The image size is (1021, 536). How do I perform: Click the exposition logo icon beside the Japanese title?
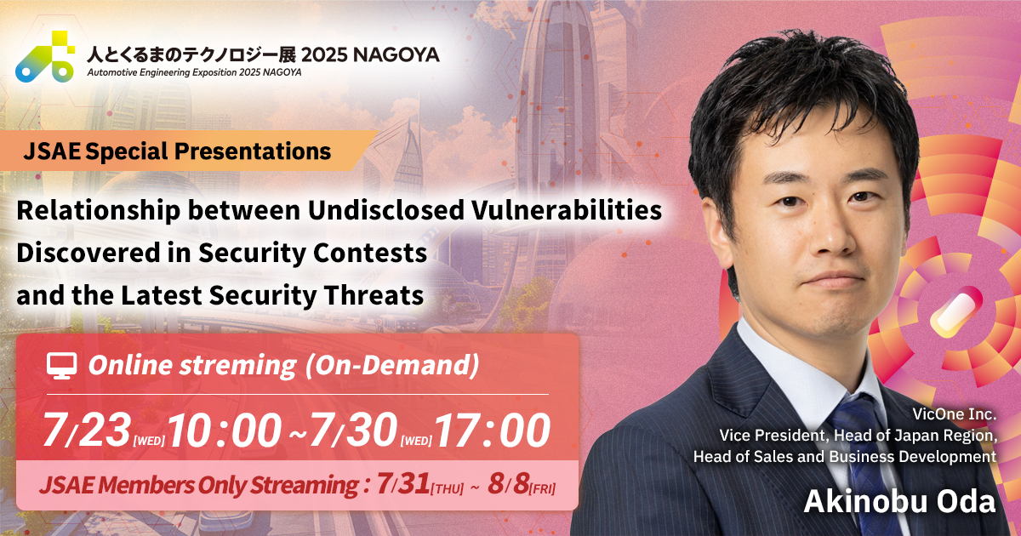click(x=45, y=57)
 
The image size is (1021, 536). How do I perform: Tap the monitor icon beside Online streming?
click(x=61, y=366)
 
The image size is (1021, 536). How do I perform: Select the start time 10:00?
click(x=224, y=431)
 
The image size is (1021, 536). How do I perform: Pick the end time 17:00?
click(x=493, y=431)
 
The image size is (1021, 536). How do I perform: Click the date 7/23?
click(x=87, y=431)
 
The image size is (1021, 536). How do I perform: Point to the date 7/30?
click(x=354, y=431)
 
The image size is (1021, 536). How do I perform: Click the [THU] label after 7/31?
click(x=449, y=488)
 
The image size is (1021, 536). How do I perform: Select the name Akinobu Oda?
click(x=899, y=501)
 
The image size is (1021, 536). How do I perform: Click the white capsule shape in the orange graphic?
click(x=956, y=309)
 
